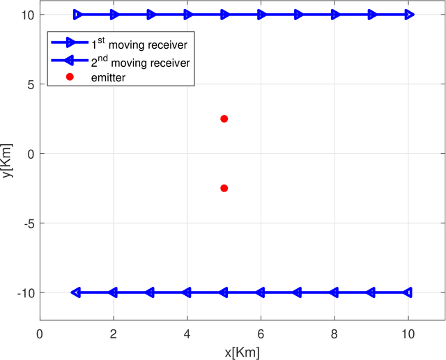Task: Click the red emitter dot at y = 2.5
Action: tap(224, 119)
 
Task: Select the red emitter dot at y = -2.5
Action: tap(224, 188)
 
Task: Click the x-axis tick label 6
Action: tap(261, 334)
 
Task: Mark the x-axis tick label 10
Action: tap(408, 334)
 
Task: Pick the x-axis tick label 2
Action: tap(114, 334)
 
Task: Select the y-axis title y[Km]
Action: tap(8, 160)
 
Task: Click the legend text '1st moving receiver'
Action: tap(140, 45)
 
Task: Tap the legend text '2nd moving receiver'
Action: tap(140, 62)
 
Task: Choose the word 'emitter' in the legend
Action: tap(108, 77)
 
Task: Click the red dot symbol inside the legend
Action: tap(70, 77)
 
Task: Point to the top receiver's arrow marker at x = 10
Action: tap(409, 15)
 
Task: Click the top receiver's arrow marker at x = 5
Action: tap(224, 15)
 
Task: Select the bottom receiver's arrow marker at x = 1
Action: tap(76, 292)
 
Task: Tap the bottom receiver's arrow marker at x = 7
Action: tap(298, 292)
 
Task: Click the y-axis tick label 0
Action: tap(30, 154)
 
